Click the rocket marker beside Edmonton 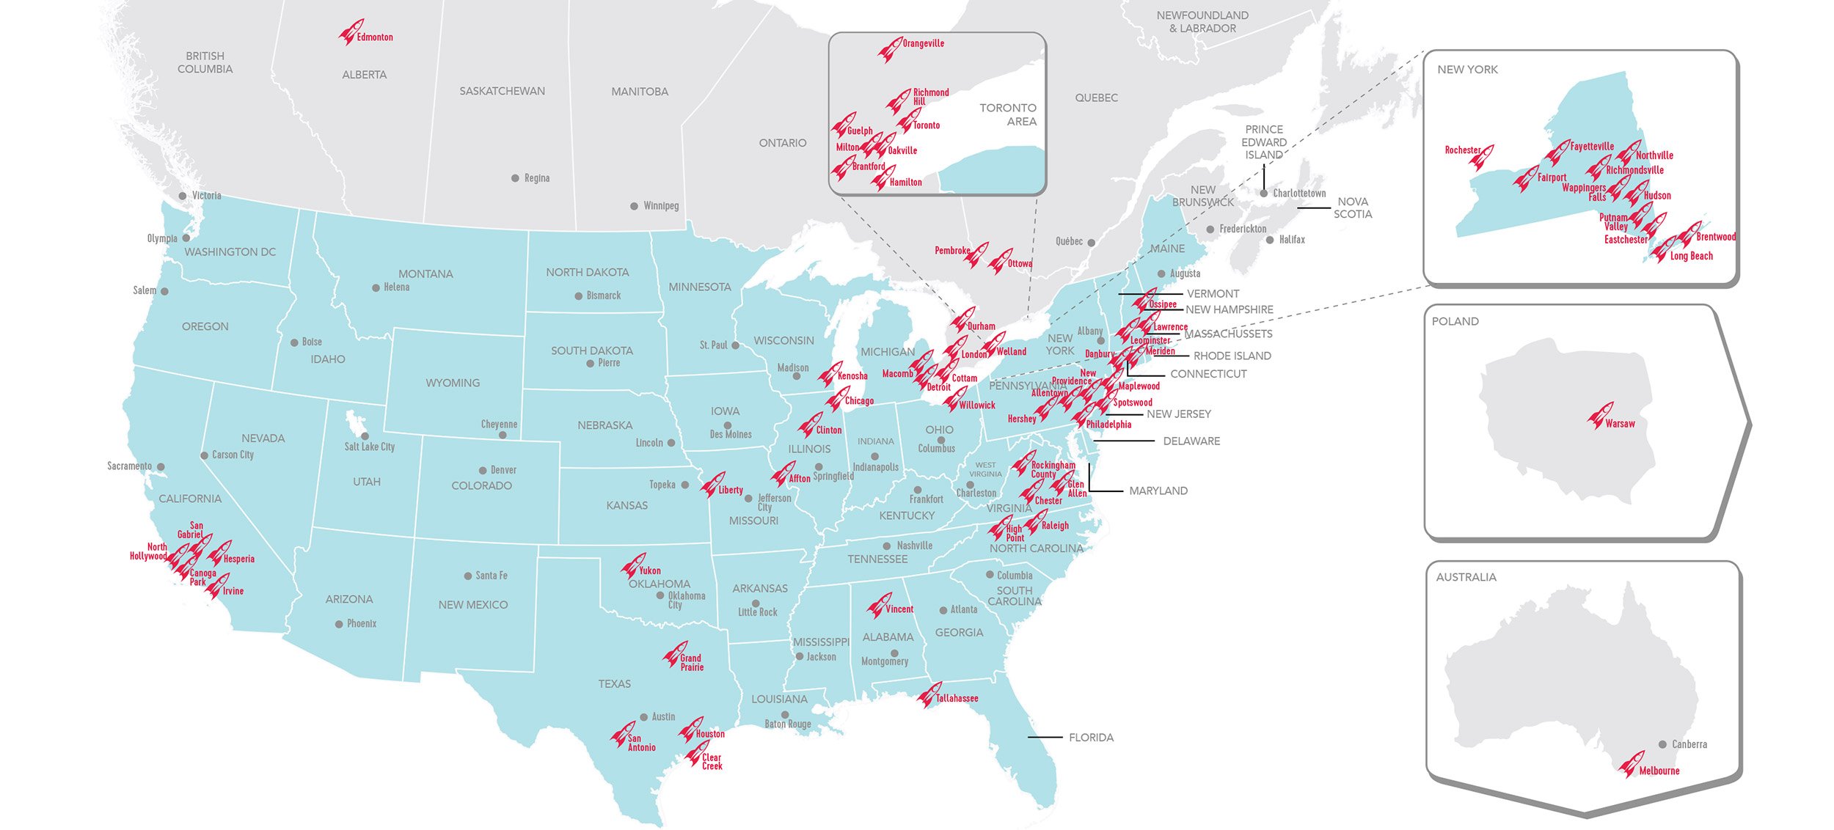[350, 33]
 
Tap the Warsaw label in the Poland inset [1620, 424]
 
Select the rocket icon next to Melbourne [1631, 765]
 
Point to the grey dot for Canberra [1662, 744]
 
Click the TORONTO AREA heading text [1009, 114]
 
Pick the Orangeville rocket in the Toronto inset [890, 50]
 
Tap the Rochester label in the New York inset [1462, 150]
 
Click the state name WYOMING [453, 383]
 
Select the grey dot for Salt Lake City [365, 436]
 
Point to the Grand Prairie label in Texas [691, 663]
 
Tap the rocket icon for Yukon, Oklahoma [632, 566]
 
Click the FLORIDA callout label [1091, 738]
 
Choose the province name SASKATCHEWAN [502, 92]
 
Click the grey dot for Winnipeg [634, 207]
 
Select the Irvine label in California [233, 591]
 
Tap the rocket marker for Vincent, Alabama [878, 606]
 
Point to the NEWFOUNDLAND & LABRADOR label [1202, 22]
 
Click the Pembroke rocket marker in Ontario [976, 254]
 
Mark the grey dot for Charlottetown [1263, 194]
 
